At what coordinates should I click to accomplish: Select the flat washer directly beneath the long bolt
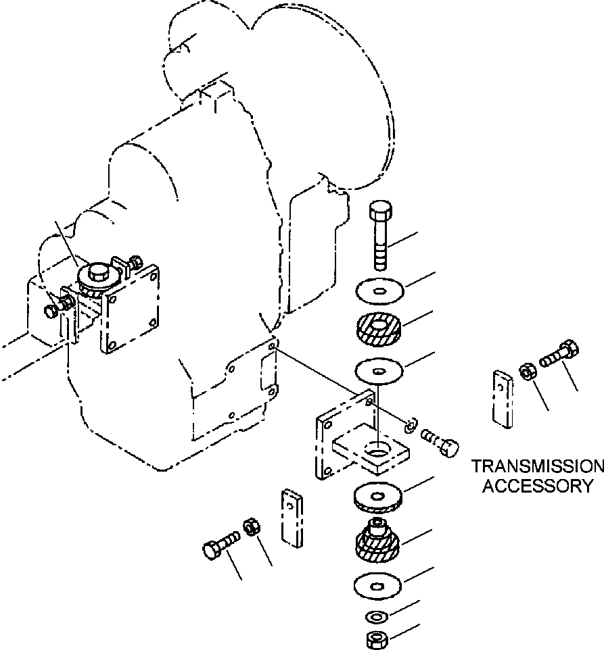pos(379,292)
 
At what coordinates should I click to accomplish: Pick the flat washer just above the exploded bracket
pos(379,370)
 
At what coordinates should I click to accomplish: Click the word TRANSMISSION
pos(537,467)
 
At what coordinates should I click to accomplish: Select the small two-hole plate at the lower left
pos(290,517)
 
